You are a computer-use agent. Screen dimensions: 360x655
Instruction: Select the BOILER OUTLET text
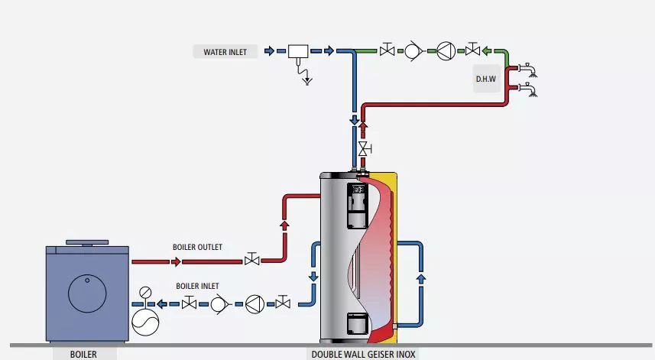(198, 247)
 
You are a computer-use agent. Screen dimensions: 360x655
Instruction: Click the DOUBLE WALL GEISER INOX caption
(363, 354)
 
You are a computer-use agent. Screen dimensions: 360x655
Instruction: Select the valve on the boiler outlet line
(251, 261)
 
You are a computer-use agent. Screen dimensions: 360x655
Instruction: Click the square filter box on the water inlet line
(297, 51)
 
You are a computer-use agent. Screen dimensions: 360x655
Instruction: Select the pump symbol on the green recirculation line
(446, 51)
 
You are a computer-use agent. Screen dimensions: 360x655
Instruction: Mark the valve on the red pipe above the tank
(365, 147)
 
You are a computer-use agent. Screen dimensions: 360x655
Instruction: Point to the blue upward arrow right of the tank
(420, 279)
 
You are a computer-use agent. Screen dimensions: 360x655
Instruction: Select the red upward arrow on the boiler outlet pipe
(284, 225)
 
